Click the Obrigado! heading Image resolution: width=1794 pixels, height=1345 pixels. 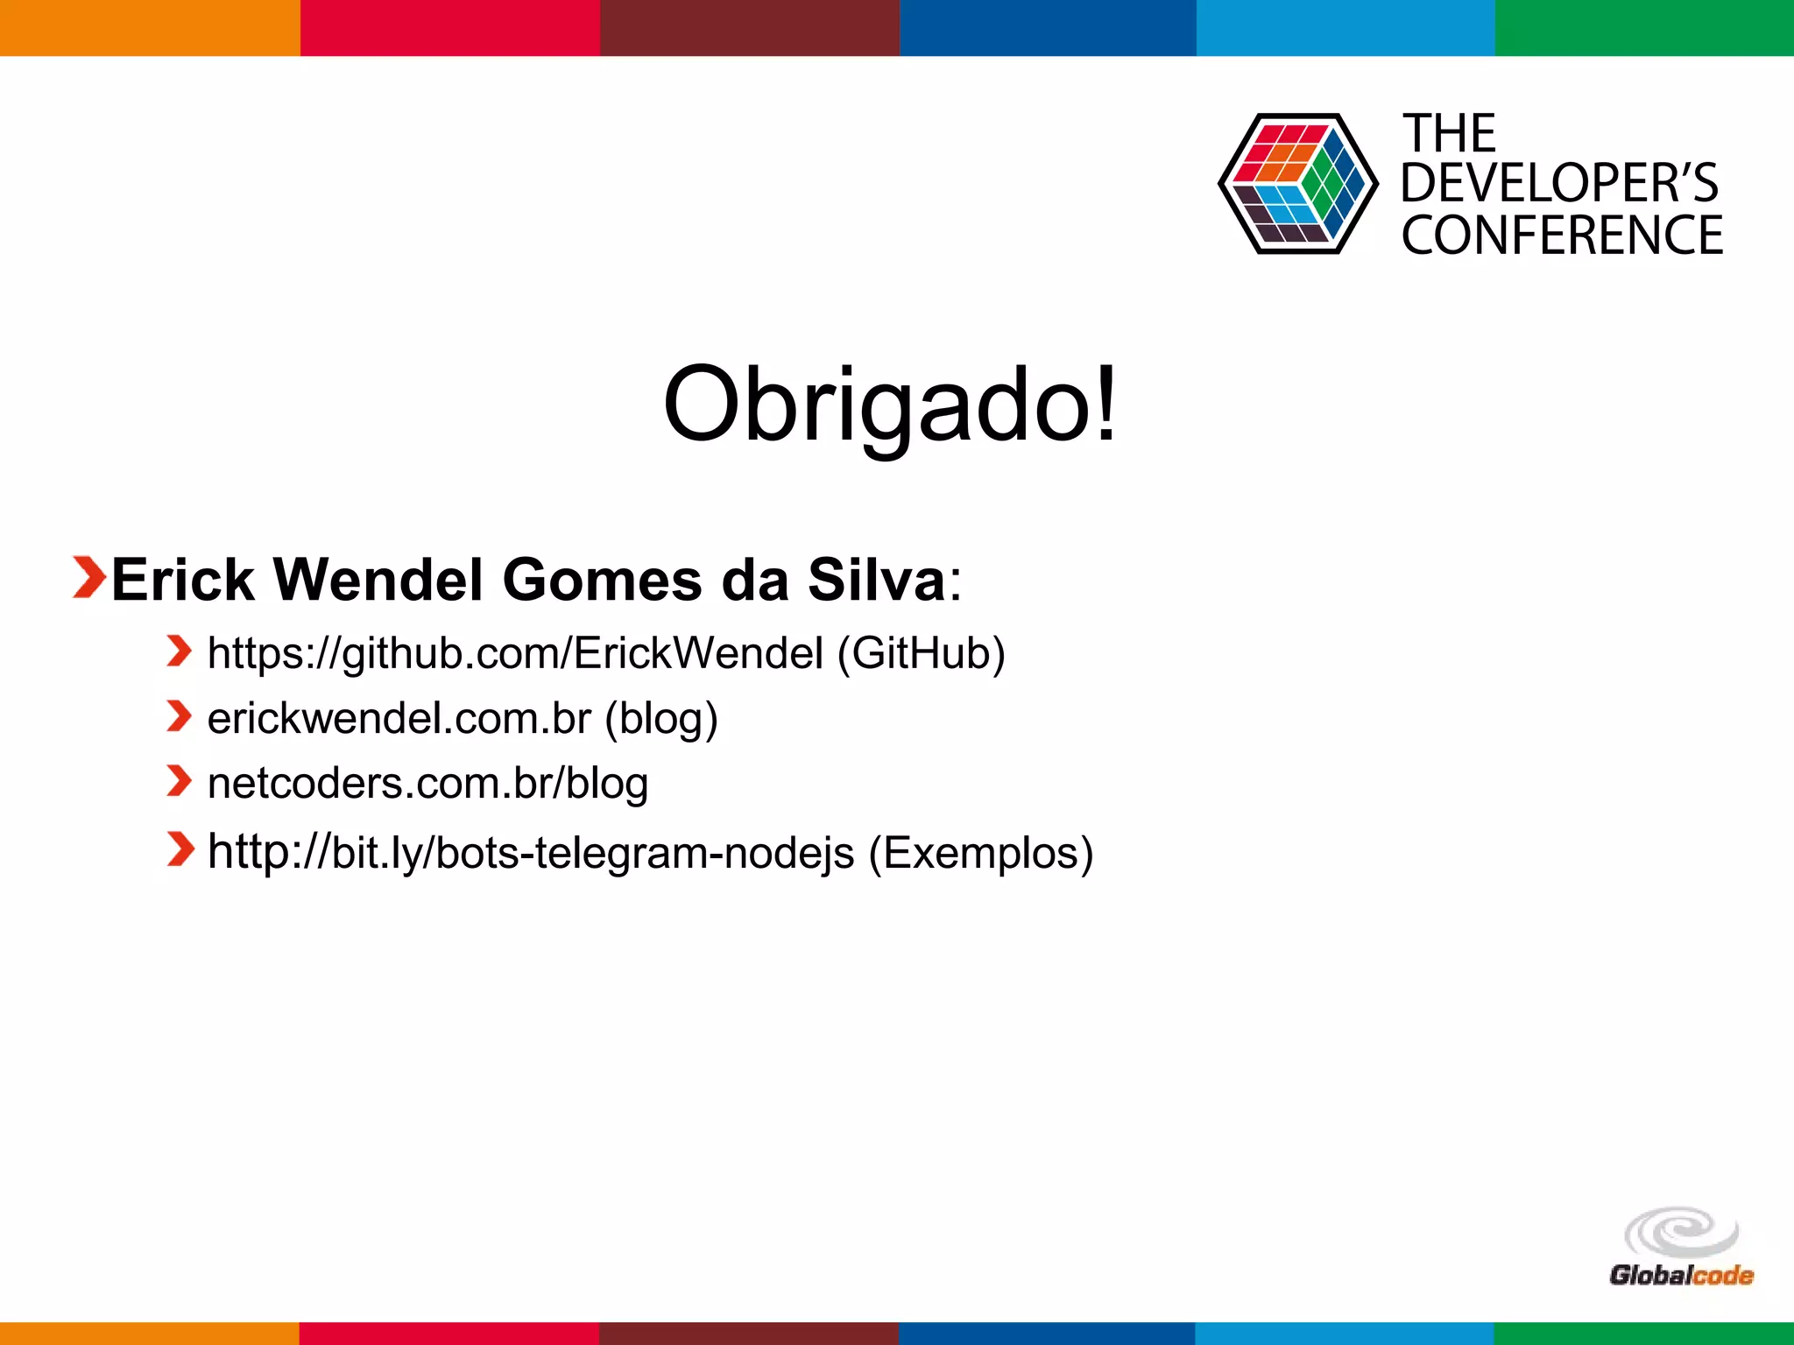click(x=890, y=405)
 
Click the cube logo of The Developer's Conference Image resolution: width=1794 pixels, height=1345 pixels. click(x=1296, y=184)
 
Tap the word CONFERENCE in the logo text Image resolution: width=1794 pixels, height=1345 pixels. click(x=1561, y=236)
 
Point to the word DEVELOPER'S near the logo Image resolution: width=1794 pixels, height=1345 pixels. click(x=1559, y=183)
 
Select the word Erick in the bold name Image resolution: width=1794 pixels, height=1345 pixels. click(x=182, y=580)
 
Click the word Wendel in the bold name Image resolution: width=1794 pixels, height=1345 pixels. click(x=378, y=580)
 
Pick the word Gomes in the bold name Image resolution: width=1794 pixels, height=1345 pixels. click(x=602, y=580)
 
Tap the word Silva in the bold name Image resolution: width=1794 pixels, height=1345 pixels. click(x=876, y=580)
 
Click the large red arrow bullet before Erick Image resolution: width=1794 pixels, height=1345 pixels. click(x=88, y=578)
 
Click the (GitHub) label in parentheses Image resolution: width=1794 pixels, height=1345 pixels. click(x=921, y=653)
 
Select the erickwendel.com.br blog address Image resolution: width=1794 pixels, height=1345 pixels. click(x=399, y=718)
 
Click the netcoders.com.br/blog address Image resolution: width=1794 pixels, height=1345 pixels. click(x=427, y=783)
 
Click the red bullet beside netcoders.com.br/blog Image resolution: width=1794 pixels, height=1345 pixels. click(x=179, y=781)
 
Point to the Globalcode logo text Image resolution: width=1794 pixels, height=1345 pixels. click(x=1680, y=1275)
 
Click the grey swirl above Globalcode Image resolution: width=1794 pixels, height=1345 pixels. click(x=1680, y=1231)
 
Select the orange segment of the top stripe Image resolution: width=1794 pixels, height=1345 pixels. click(x=149, y=27)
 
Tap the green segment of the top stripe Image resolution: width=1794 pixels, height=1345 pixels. click(x=1644, y=27)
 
